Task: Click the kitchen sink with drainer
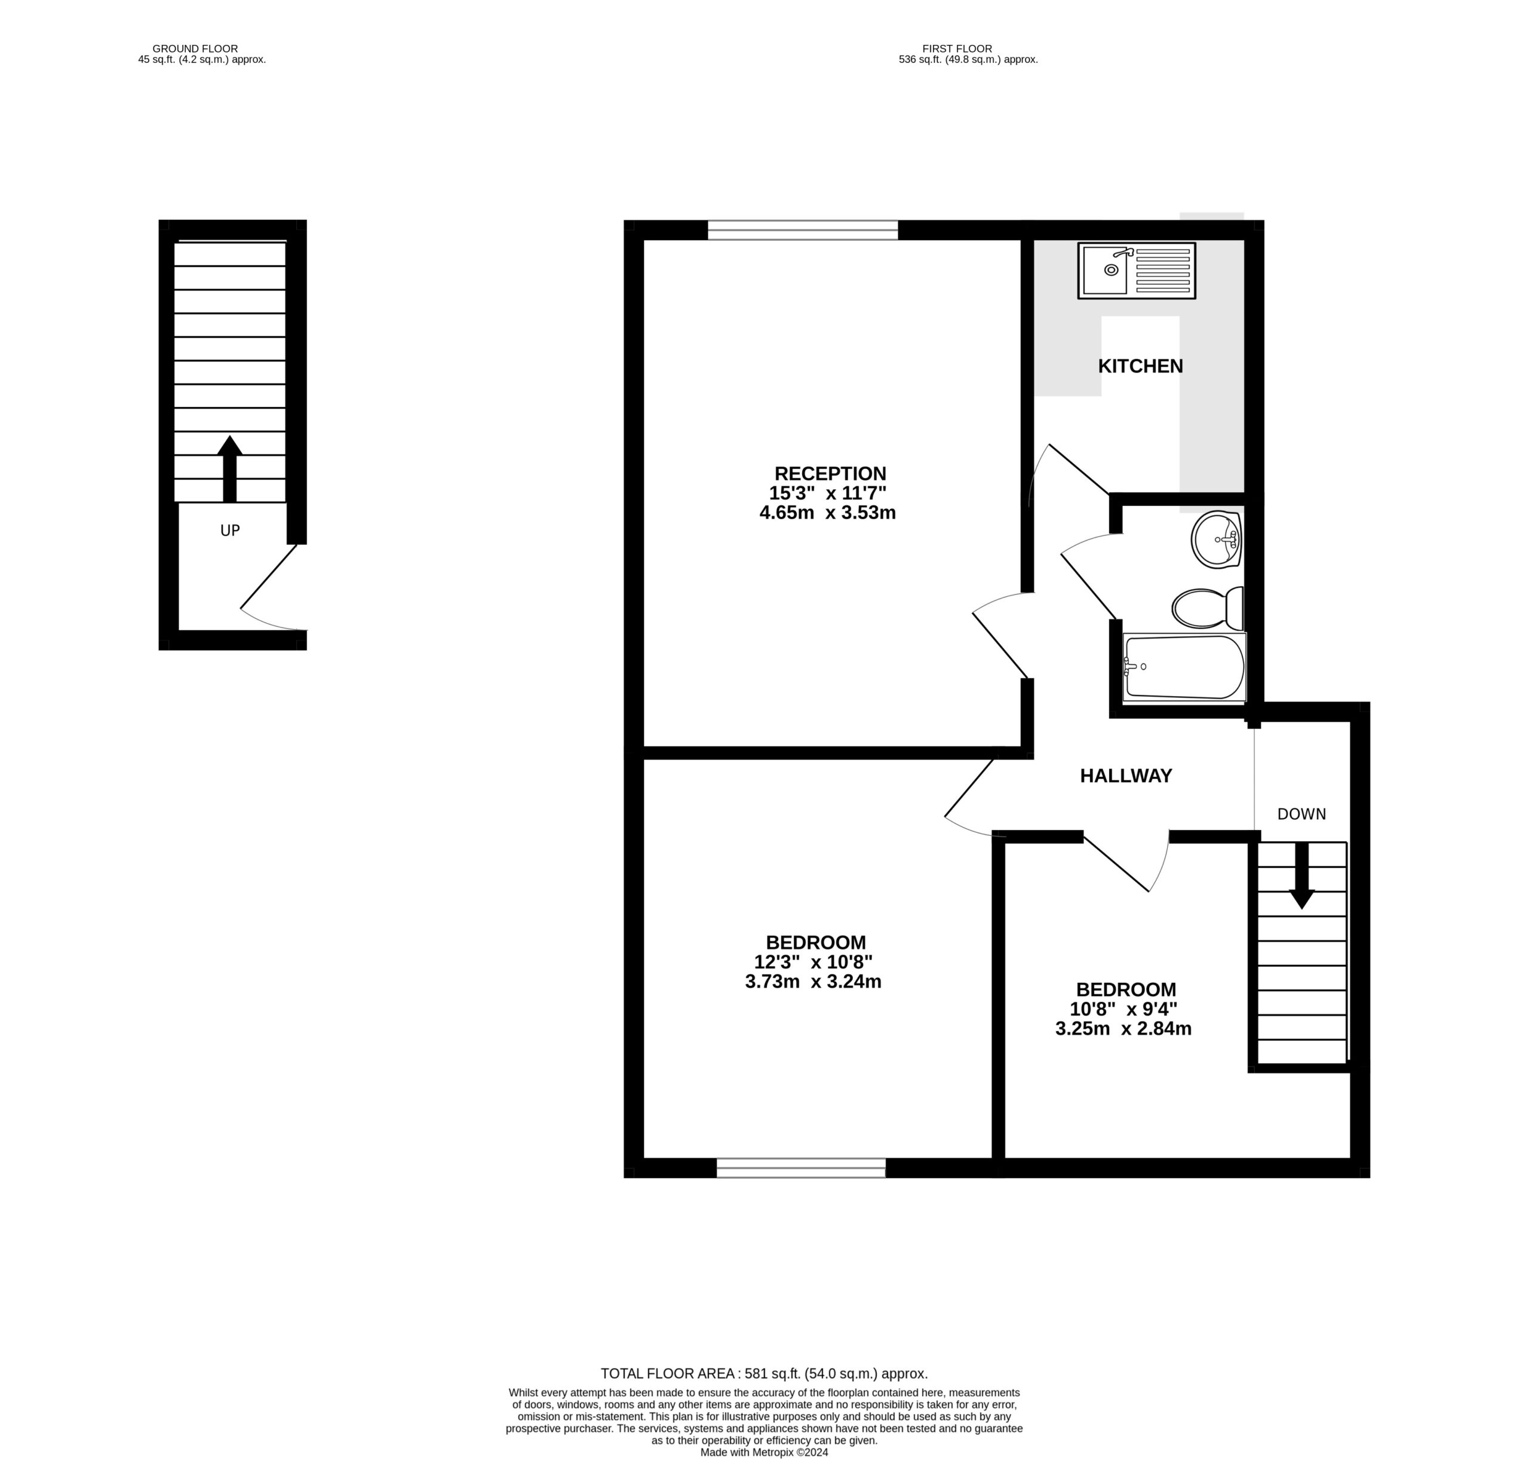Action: tap(1135, 271)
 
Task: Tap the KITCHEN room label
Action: tap(1140, 366)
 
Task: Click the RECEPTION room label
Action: tap(830, 474)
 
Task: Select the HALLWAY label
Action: tap(1125, 776)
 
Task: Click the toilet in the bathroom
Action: tap(1206, 608)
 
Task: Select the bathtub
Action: tap(1183, 667)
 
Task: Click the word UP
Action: tap(229, 531)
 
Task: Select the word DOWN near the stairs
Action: tap(1301, 814)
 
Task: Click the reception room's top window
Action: tap(802, 230)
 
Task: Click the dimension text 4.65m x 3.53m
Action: tap(827, 513)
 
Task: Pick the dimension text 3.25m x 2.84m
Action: tap(1122, 1029)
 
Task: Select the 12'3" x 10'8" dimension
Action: tap(813, 962)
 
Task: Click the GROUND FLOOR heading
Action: tap(195, 48)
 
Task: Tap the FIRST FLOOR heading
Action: tap(956, 48)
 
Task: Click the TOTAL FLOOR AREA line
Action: tap(763, 1374)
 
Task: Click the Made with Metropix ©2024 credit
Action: tap(763, 1452)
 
